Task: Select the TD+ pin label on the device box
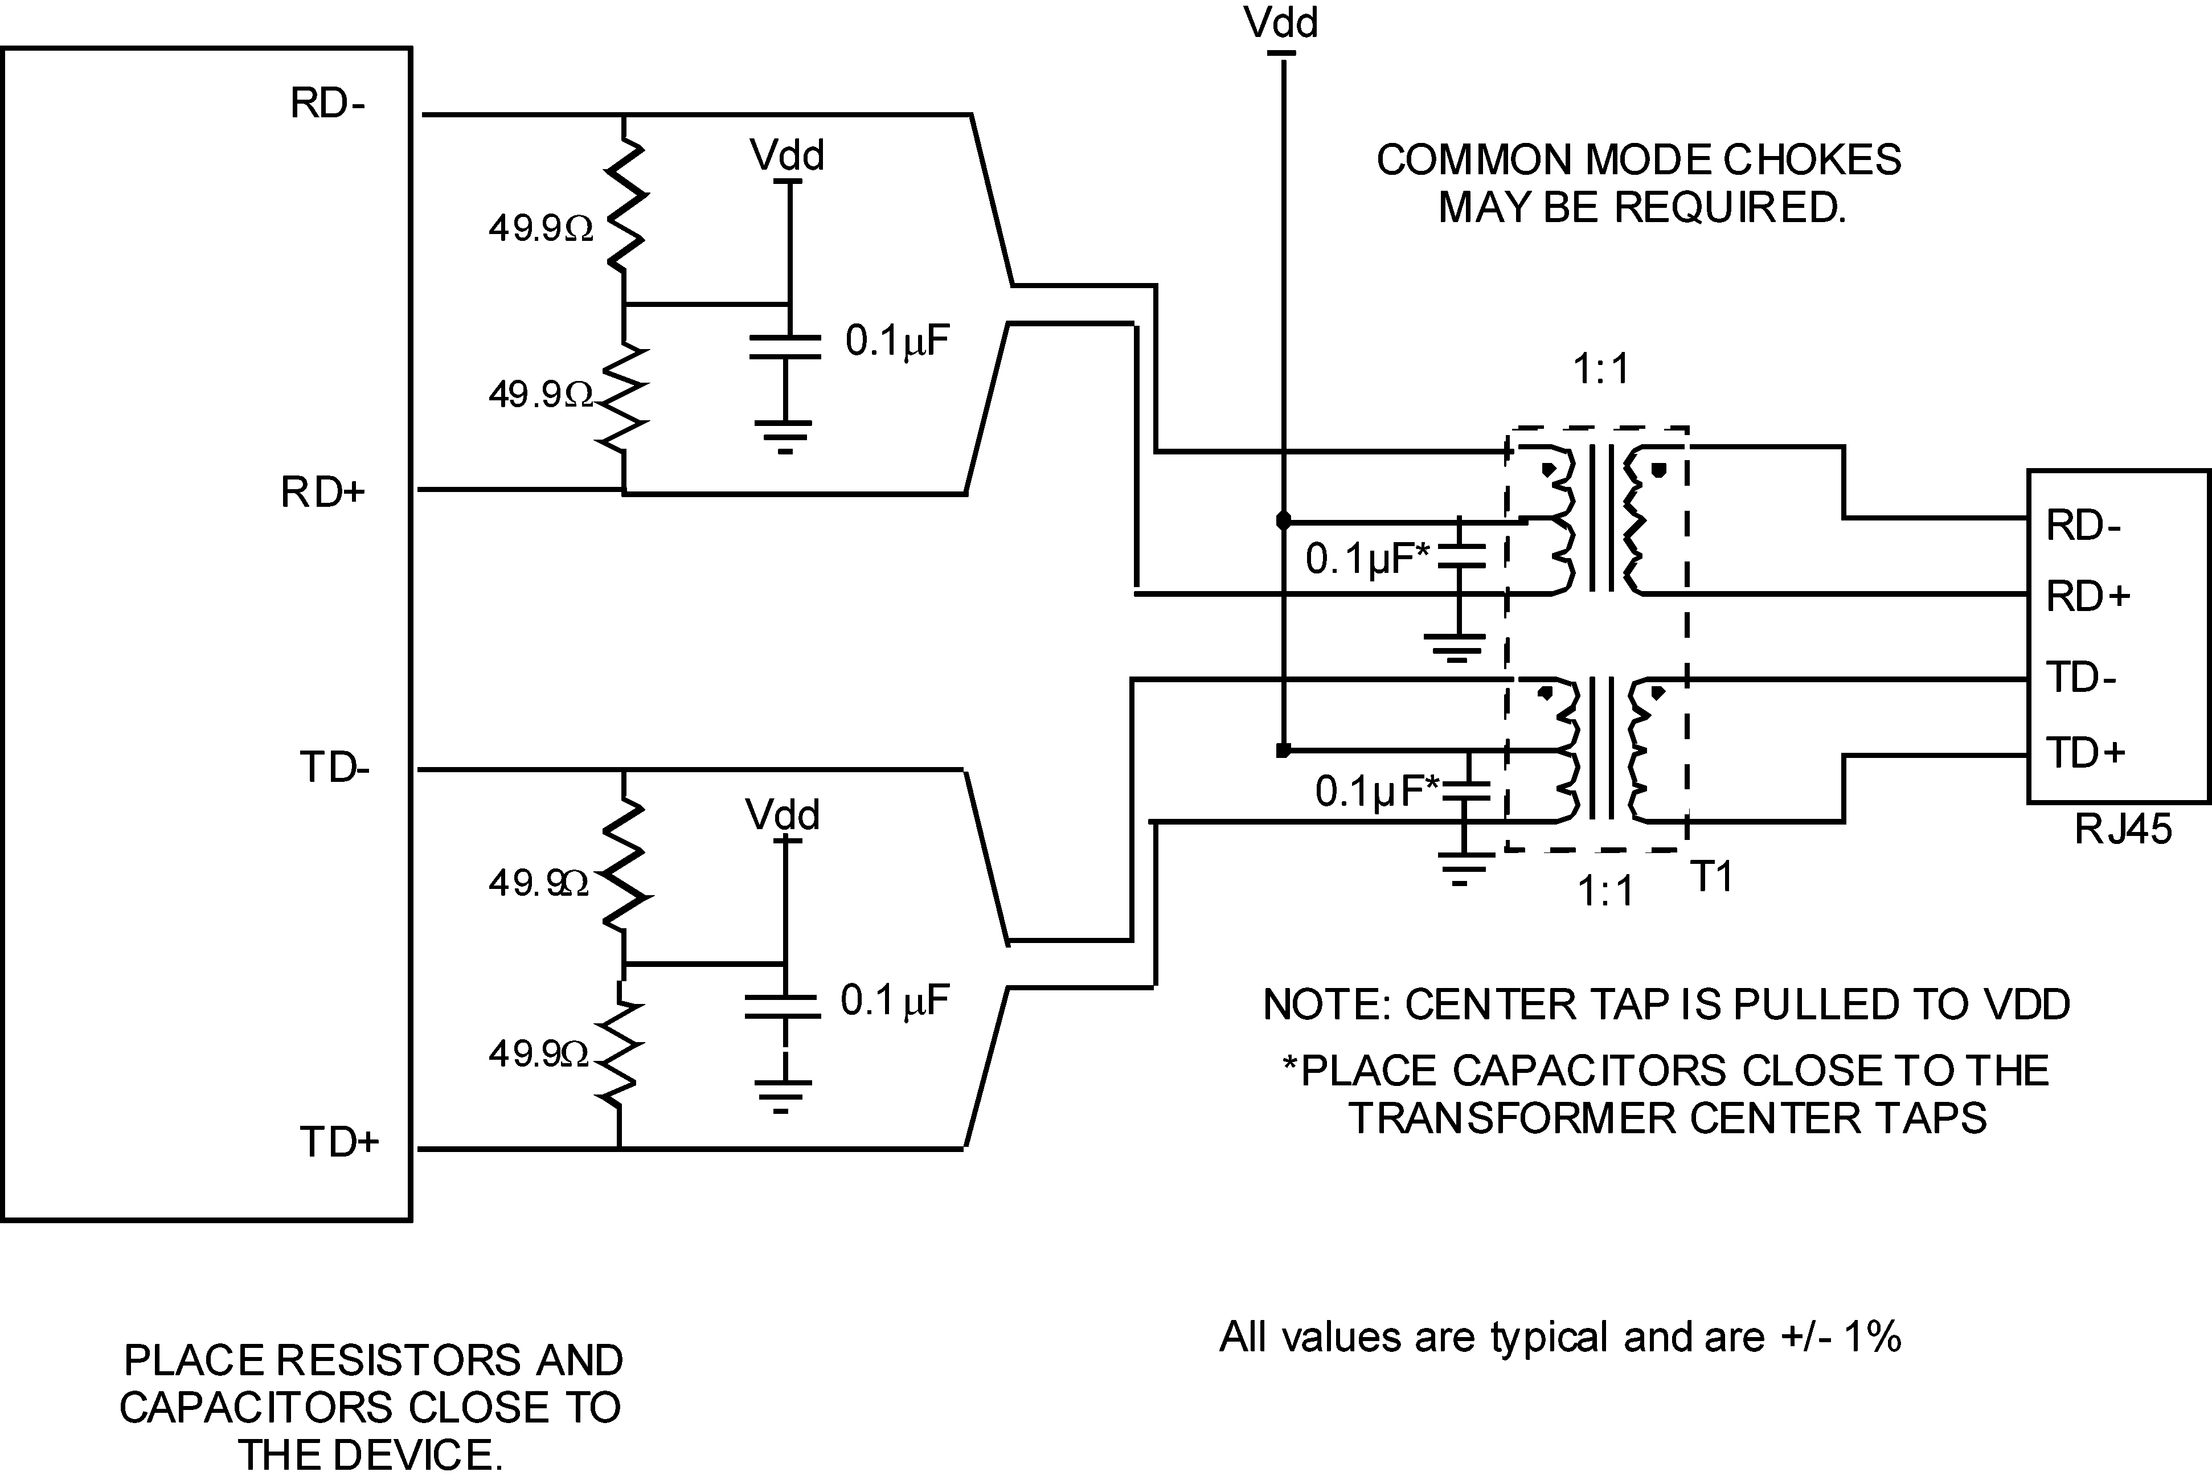[338, 1142]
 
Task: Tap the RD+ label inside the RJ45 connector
[2088, 596]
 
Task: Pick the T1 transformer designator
[1711, 878]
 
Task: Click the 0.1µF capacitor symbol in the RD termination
[785, 346]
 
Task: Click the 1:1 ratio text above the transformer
[1600, 368]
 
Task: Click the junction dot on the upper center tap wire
[1283, 520]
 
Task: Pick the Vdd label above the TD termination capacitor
[782, 815]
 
